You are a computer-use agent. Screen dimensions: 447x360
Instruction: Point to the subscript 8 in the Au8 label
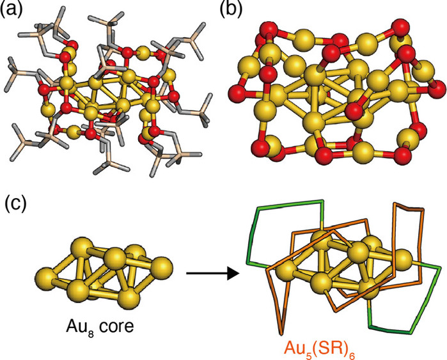coord(91,333)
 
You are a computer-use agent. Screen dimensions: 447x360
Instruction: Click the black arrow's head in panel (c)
coord(233,273)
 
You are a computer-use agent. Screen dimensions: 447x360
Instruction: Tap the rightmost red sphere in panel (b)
coord(437,89)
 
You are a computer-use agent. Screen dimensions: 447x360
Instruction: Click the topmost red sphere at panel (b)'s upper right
coord(402,28)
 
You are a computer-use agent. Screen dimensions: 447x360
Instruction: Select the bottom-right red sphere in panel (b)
coord(403,155)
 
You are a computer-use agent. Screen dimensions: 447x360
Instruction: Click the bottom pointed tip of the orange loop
coord(281,334)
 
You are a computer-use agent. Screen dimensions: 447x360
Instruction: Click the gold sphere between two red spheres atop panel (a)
coord(145,52)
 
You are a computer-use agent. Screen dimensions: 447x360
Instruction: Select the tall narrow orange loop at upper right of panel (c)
coord(409,243)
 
